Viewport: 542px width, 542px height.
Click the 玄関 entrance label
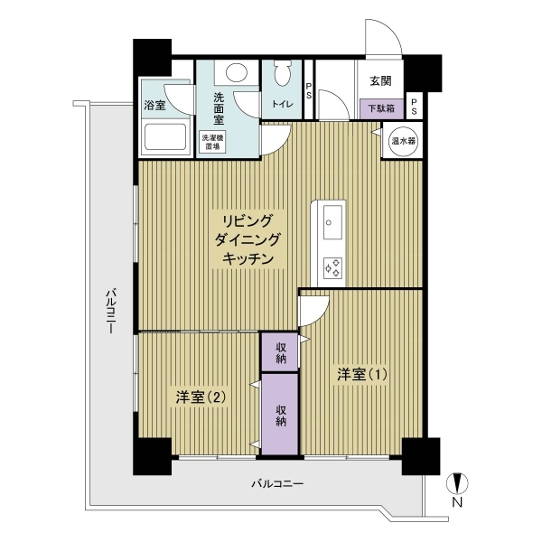(378, 80)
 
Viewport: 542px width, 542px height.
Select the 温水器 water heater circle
(402, 142)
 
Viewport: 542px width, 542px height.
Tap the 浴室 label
(154, 106)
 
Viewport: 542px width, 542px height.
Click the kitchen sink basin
(331, 220)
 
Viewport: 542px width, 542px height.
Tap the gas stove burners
(332, 267)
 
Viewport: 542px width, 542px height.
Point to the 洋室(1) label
(361, 373)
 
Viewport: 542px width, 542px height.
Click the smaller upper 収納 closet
(279, 351)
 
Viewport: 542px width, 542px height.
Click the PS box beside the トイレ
(309, 89)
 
